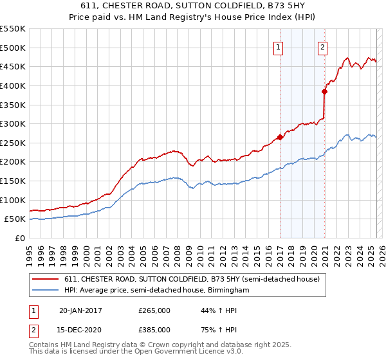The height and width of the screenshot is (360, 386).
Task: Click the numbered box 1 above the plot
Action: click(279, 46)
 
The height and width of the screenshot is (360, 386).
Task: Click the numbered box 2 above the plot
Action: click(322, 46)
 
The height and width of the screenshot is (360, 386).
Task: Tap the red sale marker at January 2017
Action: click(280, 136)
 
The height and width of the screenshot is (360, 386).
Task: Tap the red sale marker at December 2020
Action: click(325, 91)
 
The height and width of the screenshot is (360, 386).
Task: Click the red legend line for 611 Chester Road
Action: click(46, 278)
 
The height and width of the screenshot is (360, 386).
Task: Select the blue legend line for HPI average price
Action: click(46, 291)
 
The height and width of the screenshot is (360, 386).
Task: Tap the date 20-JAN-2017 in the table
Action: click(80, 310)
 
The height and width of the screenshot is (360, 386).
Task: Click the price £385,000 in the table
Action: click(154, 330)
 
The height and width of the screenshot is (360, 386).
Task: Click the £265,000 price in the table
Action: click(154, 310)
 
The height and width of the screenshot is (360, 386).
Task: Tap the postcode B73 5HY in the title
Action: click(280, 8)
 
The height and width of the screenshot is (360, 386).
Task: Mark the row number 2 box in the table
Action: click(33, 330)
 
